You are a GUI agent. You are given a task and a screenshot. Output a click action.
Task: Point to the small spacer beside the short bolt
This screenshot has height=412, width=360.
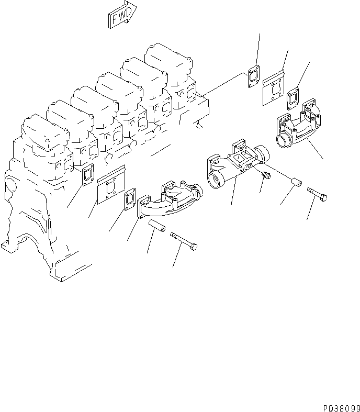(x=297, y=184)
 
